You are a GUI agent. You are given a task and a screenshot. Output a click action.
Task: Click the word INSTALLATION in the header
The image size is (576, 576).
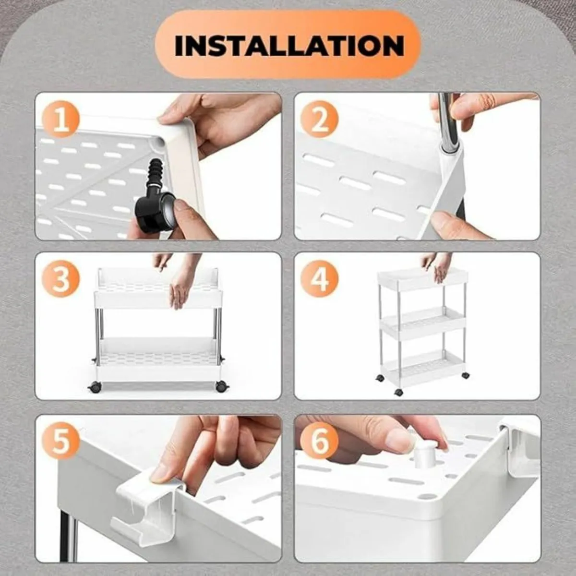tap(289, 45)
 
